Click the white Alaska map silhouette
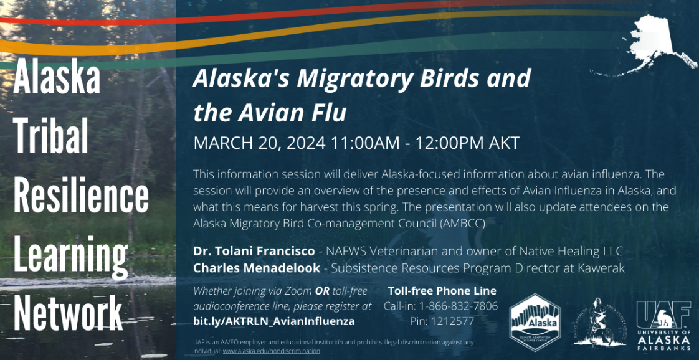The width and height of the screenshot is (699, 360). pos(653,45)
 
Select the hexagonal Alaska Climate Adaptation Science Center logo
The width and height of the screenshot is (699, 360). pos(535,323)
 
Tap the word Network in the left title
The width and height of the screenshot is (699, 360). pos(68,311)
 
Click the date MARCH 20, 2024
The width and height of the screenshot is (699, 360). pos(259,143)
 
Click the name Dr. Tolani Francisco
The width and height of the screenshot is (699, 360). pos(254,251)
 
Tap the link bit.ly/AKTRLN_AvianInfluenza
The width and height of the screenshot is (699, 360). pos(274,321)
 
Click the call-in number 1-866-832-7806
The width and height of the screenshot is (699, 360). pos(459,306)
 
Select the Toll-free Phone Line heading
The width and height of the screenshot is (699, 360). pos(442,290)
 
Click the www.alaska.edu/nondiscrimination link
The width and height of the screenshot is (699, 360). pos(271,351)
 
